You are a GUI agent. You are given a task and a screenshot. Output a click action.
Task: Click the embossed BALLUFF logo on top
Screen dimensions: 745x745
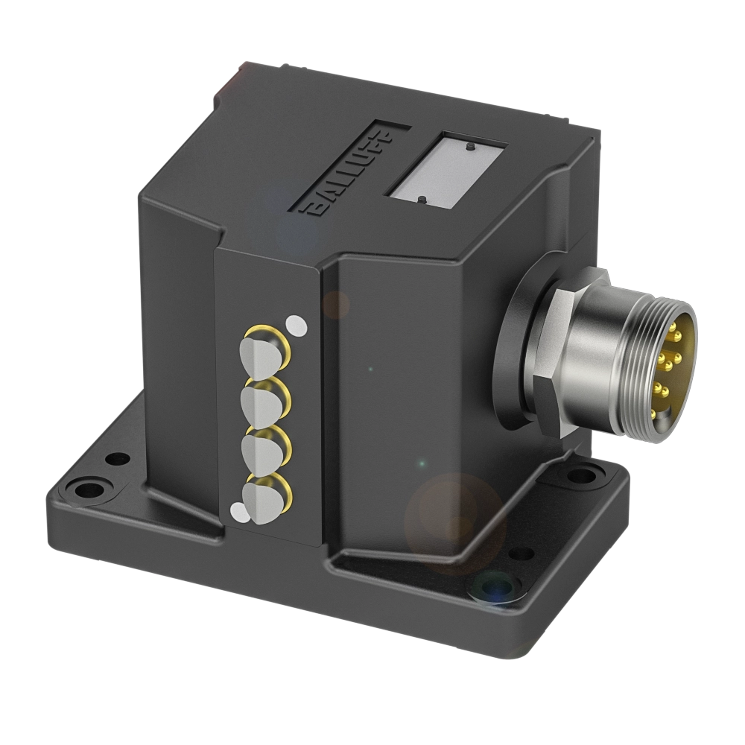click(x=348, y=173)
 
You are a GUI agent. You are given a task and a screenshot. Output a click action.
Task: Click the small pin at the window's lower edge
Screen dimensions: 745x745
click(x=422, y=199)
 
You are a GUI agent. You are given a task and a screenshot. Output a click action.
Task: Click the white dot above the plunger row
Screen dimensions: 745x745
click(x=297, y=326)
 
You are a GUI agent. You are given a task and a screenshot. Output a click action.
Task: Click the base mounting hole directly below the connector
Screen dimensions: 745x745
click(x=589, y=474)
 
